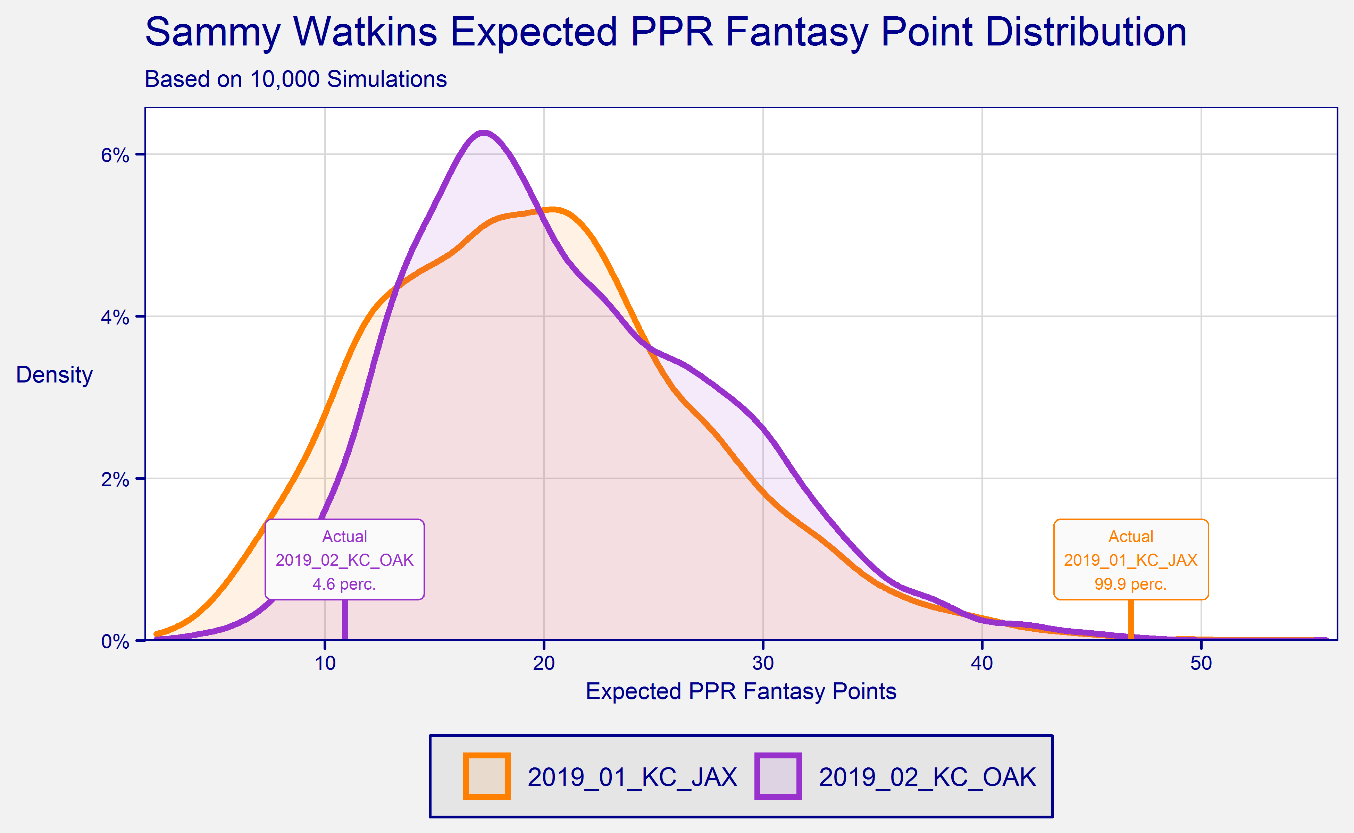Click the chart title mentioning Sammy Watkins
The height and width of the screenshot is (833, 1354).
[x=665, y=32]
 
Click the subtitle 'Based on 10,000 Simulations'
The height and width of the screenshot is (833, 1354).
[x=295, y=79]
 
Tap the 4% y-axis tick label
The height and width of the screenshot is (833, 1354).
[x=115, y=317]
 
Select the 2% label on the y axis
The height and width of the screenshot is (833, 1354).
[x=115, y=479]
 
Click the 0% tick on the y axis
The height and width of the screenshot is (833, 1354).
[x=115, y=641]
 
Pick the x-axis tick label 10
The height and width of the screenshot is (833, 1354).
[x=325, y=663]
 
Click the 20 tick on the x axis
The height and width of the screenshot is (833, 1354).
[x=544, y=663]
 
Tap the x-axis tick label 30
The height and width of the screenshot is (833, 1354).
[x=763, y=663]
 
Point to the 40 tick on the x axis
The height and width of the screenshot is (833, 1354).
[x=982, y=663]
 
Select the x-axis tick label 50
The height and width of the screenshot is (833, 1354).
[x=1201, y=663]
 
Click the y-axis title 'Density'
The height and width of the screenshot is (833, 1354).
[x=54, y=375]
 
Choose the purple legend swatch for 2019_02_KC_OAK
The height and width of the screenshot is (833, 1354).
[x=778, y=776]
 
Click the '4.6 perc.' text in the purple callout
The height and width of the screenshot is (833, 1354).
[x=344, y=584]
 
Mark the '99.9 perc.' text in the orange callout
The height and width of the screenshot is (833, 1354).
[x=1131, y=584]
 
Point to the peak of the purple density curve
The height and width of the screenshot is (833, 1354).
[x=483, y=133]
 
